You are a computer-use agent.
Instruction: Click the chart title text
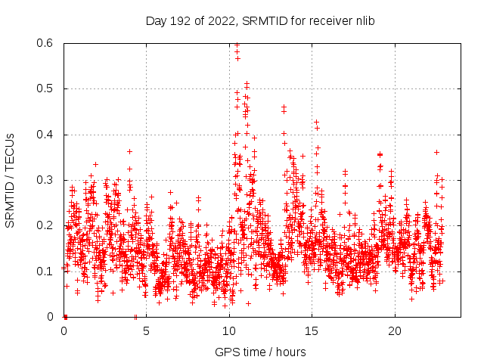click(x=260, y=20)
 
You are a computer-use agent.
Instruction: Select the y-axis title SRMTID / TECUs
click(x=10, y=181)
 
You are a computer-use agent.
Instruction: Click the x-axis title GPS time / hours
click(x=260, y=352)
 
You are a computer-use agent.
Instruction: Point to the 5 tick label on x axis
click(x=147, y=331)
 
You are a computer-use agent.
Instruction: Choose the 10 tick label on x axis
click(x=229, y=331)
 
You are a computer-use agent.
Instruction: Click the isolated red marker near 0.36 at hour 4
click(x=130, y=151)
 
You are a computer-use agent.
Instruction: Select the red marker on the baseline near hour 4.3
click(x=135, y=316)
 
